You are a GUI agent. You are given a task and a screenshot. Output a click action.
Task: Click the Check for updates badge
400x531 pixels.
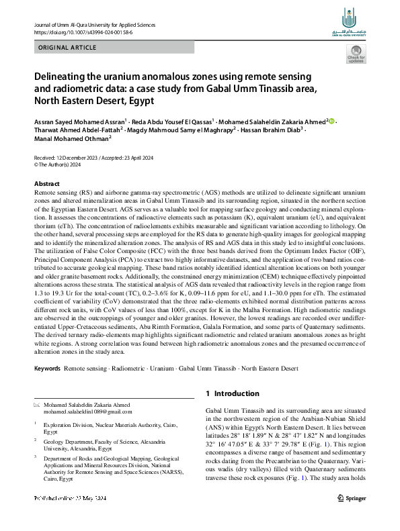[x=355, y=55]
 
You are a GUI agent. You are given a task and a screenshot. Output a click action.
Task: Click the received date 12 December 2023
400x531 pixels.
[x=78, y=156]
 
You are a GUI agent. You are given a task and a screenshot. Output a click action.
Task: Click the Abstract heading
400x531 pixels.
[x=46, y=183]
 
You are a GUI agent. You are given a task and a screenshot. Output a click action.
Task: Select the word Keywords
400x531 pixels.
[x=47, y=369]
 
